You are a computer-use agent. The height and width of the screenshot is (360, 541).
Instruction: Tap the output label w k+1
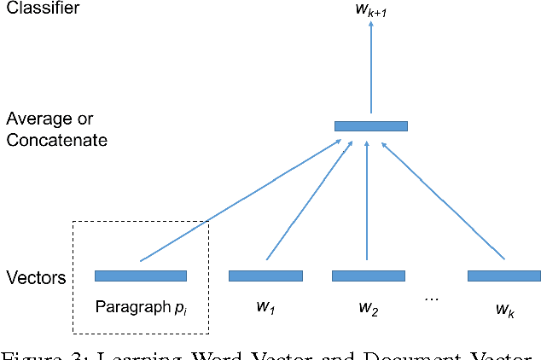tap(371, 9)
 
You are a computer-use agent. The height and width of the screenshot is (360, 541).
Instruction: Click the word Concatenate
tap(56, 140)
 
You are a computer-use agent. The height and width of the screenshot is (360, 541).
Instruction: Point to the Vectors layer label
tap(36, 277)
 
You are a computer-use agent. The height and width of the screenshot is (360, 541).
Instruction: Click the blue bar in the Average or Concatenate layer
tap(370, 126)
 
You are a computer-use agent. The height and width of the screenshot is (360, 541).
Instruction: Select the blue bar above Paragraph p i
tap(141, 276)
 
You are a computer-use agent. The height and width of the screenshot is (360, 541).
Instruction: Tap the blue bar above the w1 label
tap(265, 276)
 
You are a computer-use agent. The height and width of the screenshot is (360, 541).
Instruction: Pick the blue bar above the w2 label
tap(368, 276)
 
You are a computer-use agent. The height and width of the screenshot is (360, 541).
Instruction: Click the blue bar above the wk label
tap(503, 276)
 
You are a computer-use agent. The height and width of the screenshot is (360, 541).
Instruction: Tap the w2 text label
tap(368, 309)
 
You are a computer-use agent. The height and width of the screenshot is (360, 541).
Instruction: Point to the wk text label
tap(503, 309)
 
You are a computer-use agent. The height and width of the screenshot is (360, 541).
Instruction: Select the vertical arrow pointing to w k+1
tap(371, 68)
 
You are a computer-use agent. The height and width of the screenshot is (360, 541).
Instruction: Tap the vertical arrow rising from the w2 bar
tap(367, 200)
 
